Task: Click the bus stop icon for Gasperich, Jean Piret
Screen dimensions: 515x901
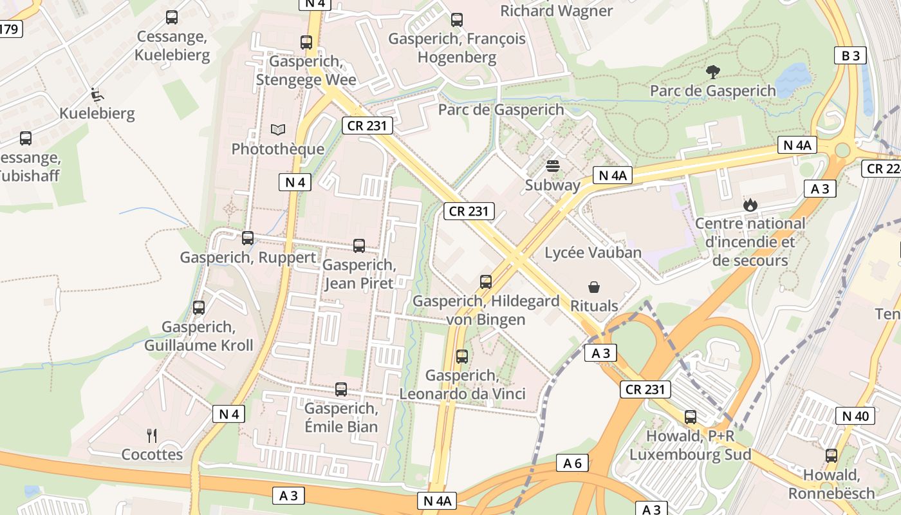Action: pyautogui.click(x=359, y=245)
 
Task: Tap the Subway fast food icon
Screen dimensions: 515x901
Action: pyautogui.click(x=552, y=166)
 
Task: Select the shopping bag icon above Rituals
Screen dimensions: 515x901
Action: pyautogui.click(x=594, y=287)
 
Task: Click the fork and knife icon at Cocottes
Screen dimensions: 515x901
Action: pyautogui.click(x=152, y=436)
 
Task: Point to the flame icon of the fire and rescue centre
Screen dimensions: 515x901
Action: pyautogui.click(x=750, y=205)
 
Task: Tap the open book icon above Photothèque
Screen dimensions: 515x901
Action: pyautogui.click(x=277, y=130)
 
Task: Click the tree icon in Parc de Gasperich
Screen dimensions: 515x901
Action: pyautogui.click(x=712, y=72)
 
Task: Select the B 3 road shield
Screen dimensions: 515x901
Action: pyautogui.click(x=850, y=56)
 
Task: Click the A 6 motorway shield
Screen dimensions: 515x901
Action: pyautogui.click(x=572, y=463)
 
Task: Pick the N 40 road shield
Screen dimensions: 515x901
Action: pyautogui.click(x=855, y=416)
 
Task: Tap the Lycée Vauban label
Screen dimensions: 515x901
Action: pyautogui.click(x=593, y=252)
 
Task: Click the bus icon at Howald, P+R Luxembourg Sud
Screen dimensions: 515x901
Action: pyautogui.click(x=691, y=417)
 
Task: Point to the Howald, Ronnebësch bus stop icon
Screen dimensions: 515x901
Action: pyautogui.click(x=831, y=456)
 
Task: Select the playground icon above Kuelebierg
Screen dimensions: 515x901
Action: pyautogui.click(x=97, y=95)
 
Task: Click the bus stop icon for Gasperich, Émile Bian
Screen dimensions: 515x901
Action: pyautogui.click(x=341, y=389)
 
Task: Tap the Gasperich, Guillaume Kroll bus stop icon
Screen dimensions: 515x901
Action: pyautogui.click(x=199, y=308)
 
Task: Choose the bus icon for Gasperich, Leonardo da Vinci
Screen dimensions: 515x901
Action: pyautogui.click(x=461, y=356)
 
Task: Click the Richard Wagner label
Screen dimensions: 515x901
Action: pyautogui.click(x=556, y=11)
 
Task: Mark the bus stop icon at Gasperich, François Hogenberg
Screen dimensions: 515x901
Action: pyautogui.click(x=457, y=20)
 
